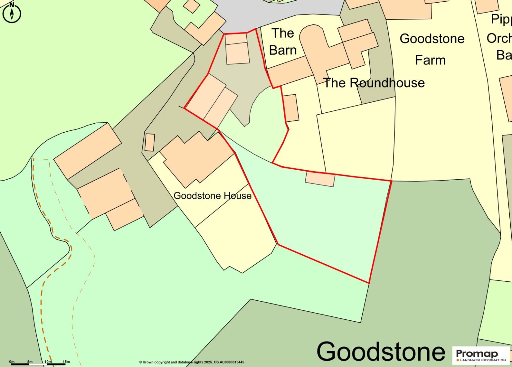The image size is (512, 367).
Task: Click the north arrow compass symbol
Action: tap(12, 13)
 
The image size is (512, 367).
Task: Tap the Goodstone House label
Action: tap(212, 196)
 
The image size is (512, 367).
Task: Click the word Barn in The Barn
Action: tap(282, 50)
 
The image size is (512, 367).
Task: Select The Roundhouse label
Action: tap(374, 83)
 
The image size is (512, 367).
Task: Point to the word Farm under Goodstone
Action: tap(430, 60)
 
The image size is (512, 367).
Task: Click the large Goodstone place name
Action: tap(381, 351)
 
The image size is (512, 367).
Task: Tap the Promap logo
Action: tap(481, 355)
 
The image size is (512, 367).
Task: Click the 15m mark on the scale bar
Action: tap(66, 362)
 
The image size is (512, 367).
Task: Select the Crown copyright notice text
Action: tap(191, 362)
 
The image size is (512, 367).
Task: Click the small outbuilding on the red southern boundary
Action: tap(320, 179)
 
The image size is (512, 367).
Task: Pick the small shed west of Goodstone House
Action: tap(150, 142)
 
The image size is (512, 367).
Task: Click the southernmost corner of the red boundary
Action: tap(369, 283)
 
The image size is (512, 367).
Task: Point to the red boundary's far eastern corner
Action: tap(391, 181)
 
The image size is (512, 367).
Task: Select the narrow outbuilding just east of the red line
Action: tap(291, 108)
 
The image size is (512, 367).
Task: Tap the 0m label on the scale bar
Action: tap(12, 362)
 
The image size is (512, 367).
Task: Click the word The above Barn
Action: tap(282, 33)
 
